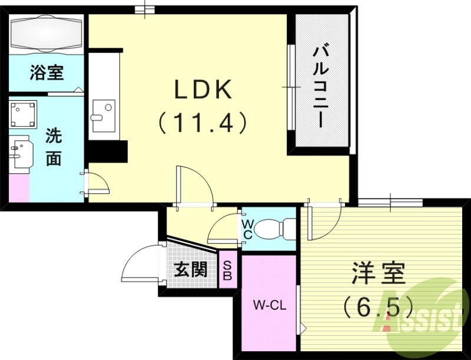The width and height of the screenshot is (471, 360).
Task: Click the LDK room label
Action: pos(204,90)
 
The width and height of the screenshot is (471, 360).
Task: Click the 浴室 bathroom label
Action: pos(47,73)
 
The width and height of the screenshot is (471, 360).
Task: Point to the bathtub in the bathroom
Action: pos(47,32)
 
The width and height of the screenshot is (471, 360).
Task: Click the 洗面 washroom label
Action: pos(54,147)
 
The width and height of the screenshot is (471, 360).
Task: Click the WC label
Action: pos(247,229)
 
